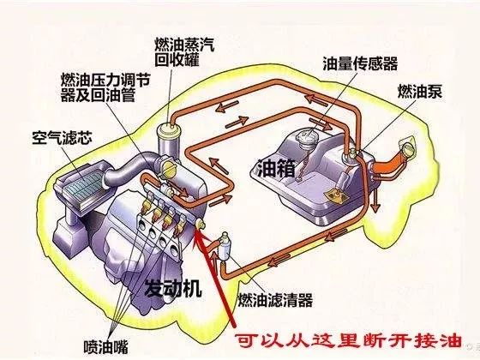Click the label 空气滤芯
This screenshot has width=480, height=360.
pos(62,138)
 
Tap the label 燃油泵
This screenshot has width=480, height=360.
pos(420,91)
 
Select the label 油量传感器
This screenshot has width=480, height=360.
pos(360,63)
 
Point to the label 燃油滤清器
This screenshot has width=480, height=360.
pos(275,300)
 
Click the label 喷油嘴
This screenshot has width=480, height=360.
pos(105,346)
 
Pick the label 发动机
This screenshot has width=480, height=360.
pos(173,288)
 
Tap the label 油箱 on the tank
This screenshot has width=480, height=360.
pos(276,168)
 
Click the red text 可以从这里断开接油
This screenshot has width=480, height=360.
pos(348,341)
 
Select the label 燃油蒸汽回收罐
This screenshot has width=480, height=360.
pos(184,52)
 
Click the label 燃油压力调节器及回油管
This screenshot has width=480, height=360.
pos(105,87)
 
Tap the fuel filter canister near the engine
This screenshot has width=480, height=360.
pos(225,247)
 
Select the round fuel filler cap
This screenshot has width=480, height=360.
pos(408,147)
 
